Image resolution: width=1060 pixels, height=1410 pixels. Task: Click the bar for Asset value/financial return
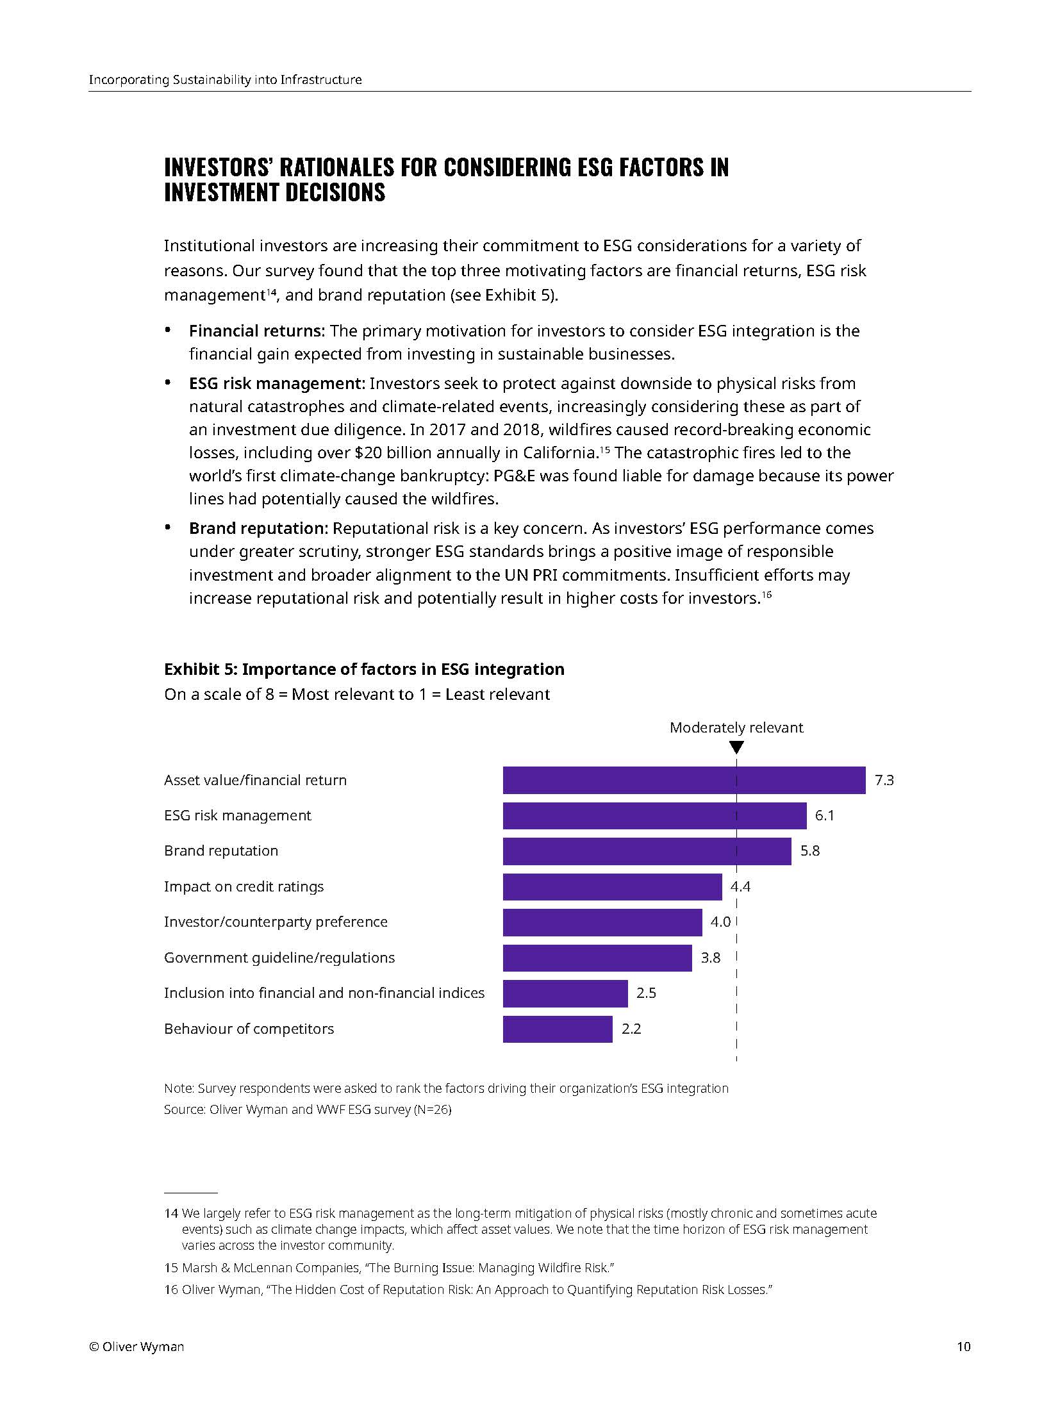tap(683, 780)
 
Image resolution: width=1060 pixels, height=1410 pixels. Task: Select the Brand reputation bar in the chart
tap(646, 851)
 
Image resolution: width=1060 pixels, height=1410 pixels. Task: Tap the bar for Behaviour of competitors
tap(557, 1029)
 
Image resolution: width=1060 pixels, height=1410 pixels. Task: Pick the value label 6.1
tap(824, 815)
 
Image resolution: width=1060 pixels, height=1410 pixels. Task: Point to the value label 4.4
tap(740, 886)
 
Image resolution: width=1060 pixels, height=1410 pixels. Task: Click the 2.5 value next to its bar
tap(646, 993)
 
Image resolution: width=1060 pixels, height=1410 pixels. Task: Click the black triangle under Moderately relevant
tap(736, 747)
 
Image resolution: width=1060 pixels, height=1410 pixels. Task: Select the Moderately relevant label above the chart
tap(736, 727)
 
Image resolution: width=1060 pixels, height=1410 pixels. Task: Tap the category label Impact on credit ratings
tap(244, 886)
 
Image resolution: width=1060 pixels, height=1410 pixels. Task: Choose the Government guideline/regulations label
tap(279, 958)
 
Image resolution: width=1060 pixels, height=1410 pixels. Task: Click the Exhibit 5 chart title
tap(364, 669)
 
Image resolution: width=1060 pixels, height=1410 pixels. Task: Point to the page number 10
tap(963, 1347)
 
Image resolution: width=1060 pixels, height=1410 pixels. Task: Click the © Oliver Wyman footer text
tap(137, 1347)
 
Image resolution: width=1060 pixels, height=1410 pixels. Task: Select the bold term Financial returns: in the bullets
tap(257, 331)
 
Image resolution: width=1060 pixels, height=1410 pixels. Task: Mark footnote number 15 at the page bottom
tap(170, 1268)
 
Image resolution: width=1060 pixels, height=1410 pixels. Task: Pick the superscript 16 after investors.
tap(766, 595)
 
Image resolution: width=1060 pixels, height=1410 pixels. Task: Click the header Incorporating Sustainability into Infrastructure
tap(225, 80)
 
